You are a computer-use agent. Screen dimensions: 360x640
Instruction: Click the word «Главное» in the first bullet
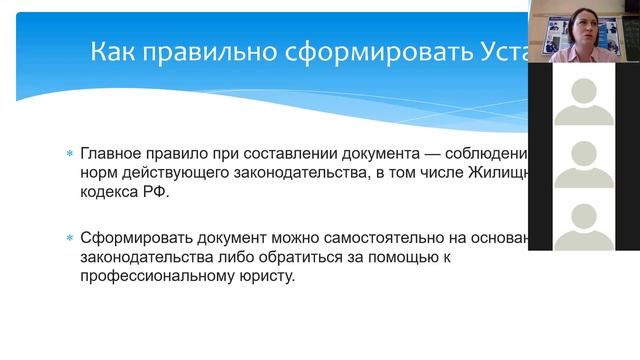tap(108, 154)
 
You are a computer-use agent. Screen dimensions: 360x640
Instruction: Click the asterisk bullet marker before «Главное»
tap(69, 155)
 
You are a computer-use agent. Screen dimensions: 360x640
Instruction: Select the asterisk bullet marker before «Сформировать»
tap(69, 239)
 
